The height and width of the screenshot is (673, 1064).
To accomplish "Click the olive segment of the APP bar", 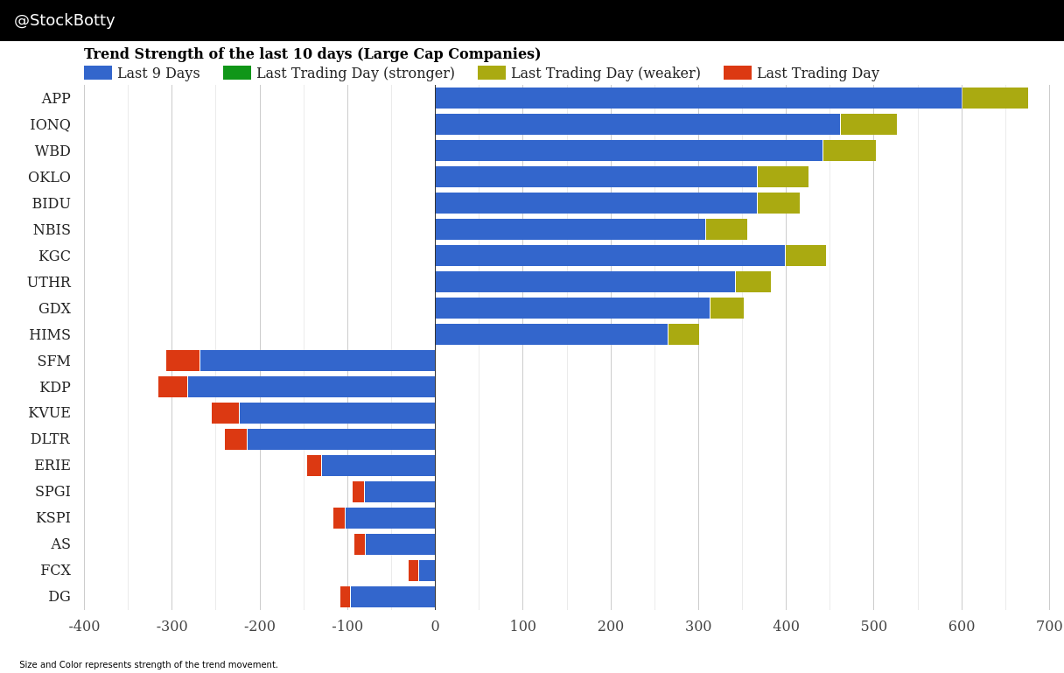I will (994, 98).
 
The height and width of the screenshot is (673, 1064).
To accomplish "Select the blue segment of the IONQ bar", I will (637, 124).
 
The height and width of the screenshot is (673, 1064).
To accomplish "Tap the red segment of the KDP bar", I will (172, 387).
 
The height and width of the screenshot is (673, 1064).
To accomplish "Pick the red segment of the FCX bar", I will (413, 571).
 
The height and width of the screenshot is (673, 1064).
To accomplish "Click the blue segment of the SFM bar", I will (317, 361).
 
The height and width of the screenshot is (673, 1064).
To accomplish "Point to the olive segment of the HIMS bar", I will (683, 334).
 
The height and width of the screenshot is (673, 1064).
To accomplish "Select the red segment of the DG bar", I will (345, 597).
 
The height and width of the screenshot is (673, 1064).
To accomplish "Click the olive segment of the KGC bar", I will (805, 256).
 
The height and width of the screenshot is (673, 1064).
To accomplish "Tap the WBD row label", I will (52, 151).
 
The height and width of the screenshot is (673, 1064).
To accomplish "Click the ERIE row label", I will (52, 466).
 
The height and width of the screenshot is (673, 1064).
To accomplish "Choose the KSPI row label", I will (52, 518).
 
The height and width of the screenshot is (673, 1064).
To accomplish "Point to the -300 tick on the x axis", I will (171, 627).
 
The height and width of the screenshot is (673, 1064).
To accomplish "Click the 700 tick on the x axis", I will (1049, 627).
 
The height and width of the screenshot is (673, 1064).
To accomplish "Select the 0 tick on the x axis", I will (435, 627).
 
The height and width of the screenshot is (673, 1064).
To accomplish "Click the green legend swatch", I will (236, 74).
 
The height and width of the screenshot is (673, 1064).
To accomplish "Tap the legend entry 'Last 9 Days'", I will (158, 74).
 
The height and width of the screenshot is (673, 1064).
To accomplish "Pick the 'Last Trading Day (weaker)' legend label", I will (605, 74).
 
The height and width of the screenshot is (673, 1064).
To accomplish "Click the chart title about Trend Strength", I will (312, 54).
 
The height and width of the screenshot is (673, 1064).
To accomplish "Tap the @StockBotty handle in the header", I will (65, 20).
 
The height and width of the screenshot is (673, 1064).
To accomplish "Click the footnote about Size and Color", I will (149, 665).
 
